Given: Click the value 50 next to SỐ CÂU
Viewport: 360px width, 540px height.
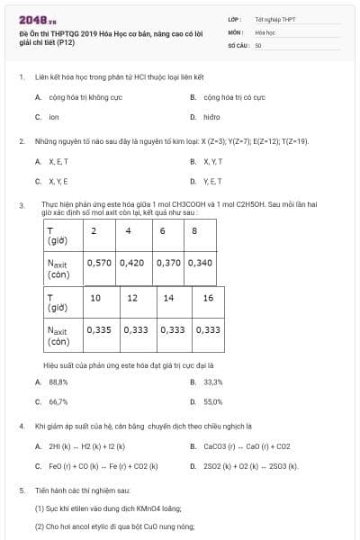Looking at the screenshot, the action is [x=258, y=44].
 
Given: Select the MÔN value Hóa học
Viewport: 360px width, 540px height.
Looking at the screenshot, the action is [x=265, y=31].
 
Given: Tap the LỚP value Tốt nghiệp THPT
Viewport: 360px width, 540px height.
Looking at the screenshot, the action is [x=274, y=18].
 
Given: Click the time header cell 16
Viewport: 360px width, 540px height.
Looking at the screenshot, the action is [x=208, y=298].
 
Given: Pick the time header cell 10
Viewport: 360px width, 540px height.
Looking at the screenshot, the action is [x=96, y=298].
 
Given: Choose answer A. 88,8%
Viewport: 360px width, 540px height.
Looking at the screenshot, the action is [x=58, y=382].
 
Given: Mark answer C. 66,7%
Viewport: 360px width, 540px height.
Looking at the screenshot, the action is [x=58, y=401].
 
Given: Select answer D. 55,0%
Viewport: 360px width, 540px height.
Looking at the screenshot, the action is [x=213, y=401].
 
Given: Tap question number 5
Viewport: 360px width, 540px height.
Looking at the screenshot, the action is [x=22, y=490].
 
